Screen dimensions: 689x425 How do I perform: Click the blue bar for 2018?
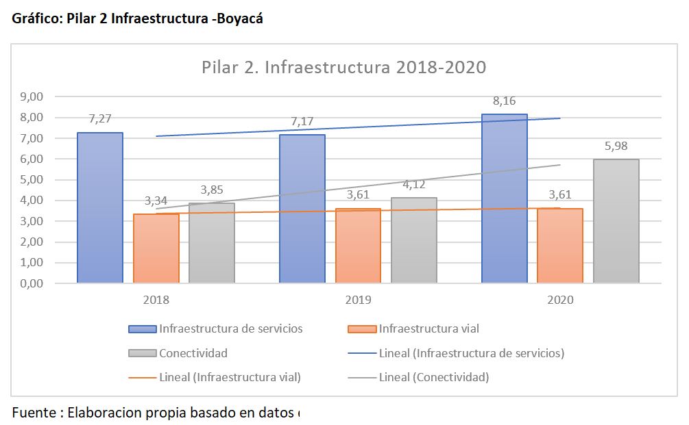click(x=100, y=207)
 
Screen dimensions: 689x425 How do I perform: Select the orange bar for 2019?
click(x=358, y=246)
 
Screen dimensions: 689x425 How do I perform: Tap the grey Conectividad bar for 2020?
click(x=616, y=221)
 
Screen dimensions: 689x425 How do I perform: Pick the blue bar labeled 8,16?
click(x=505, y=198)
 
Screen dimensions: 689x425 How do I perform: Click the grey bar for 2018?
click(x=212, y=243)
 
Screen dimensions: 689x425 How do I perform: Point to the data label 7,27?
click(x=100, y=119)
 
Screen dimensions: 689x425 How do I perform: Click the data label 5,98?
click(x=616, y=146)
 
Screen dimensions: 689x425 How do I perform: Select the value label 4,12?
click(x=414, y=185)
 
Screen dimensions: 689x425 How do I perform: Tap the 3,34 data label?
click(x=156, y=201)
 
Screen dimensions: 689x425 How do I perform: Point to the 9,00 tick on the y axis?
click(x=32, y=97)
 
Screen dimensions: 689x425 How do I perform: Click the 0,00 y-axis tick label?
click(x=32, y=283)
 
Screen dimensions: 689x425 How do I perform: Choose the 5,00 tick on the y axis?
click(x=32, y=180)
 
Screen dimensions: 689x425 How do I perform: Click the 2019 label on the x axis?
click(x=358, y=300)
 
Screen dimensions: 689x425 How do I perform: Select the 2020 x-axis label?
click(x=560, y=300)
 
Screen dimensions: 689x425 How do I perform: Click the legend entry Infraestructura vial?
click(x=413, y=329)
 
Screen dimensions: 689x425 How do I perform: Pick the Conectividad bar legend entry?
click(x=178, y=353)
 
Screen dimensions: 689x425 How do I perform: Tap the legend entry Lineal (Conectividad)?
click(x=418, y=377)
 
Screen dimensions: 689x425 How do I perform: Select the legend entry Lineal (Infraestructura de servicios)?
click(x=456, y=353)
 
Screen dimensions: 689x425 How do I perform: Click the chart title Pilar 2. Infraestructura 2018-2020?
click(x=344, y=68)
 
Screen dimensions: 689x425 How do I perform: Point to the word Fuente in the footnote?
click(x=34, y=413)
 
